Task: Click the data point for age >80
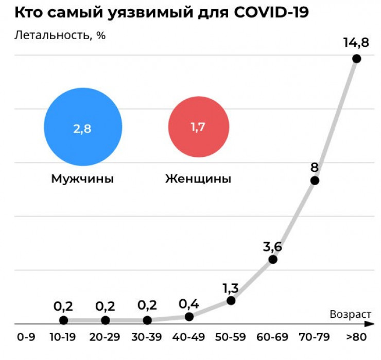(x=356, y=59)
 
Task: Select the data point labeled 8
(x=315, y=181)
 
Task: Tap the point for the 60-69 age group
(x=273, y=259)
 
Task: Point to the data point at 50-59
(x=231, y=300)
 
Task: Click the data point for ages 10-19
(x=63, y=320)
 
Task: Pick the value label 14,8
(x=356, y=42)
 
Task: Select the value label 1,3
(x=231, y=286)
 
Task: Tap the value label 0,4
(x=189, y=303)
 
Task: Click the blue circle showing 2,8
(x=83, y=129)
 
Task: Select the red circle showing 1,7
(x=198, y=127)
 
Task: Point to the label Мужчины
(x=82, y=179)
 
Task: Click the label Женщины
(x=198, y=179)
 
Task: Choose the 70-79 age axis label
(x=315, y=338)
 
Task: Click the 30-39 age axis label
(x=147, y=338)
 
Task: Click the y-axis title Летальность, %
(x=60, y=35)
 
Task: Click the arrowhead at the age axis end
(x=368, y=324)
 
